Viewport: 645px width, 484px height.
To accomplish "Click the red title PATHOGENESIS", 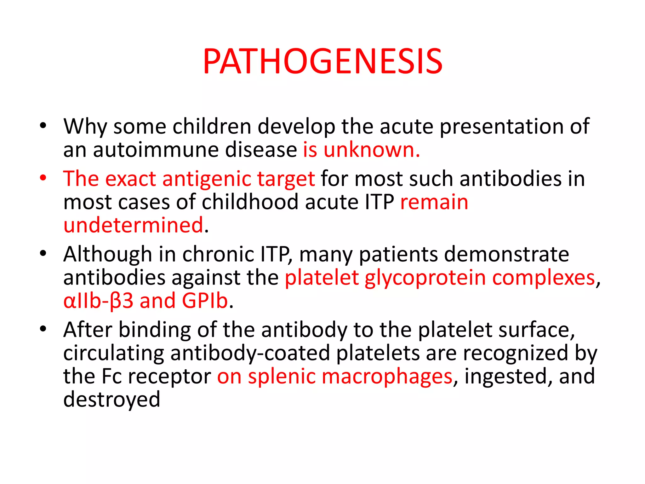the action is [323, 61].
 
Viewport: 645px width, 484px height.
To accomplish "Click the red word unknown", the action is [372, 150].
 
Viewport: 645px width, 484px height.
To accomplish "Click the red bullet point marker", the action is [43, 178].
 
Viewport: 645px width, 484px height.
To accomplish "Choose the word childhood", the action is [250, 202].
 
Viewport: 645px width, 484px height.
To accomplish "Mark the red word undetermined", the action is [133, 225].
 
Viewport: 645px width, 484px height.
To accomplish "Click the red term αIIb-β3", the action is [98, 301].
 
